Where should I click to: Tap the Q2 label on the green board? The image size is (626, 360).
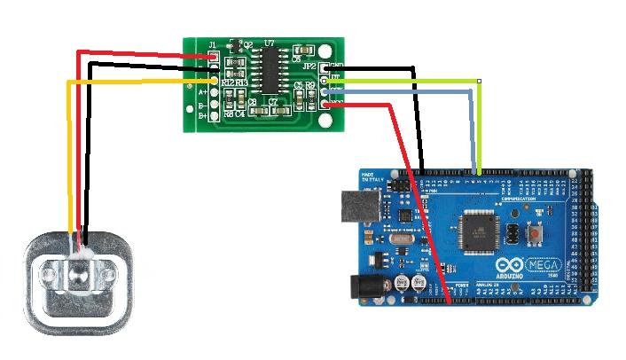tap(248, 43)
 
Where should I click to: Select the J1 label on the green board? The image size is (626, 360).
tap(212, 44)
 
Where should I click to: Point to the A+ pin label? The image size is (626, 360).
tap(203, 91)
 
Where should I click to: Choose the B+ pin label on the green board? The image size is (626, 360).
tap(203, 115)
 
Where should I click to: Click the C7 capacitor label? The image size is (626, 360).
tap(273, 102)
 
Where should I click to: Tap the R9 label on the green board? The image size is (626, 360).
tap(310, 86)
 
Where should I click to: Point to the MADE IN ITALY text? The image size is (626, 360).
tap(373, 178)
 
